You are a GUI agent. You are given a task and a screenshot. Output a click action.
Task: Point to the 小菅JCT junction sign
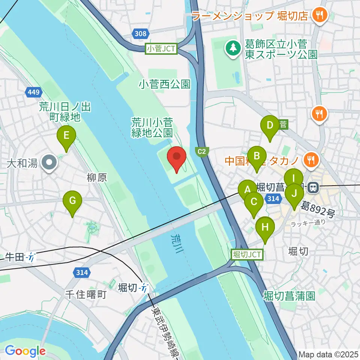point(162,48)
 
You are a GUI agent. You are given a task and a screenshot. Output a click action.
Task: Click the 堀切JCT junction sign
point(247,255)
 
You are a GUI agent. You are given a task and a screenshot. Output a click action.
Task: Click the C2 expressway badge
point(202,151)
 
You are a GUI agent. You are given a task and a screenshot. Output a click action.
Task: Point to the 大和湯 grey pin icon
point(49,163)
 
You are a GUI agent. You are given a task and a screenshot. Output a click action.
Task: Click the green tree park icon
point(233,48)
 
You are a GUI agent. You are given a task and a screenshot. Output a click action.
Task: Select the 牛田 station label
point(14,257)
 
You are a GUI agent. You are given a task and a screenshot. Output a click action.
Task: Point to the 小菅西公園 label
point(164,84)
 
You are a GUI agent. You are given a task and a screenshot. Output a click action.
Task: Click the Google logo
point(25,351)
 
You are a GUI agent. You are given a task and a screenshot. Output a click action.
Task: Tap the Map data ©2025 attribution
point(328,354)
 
